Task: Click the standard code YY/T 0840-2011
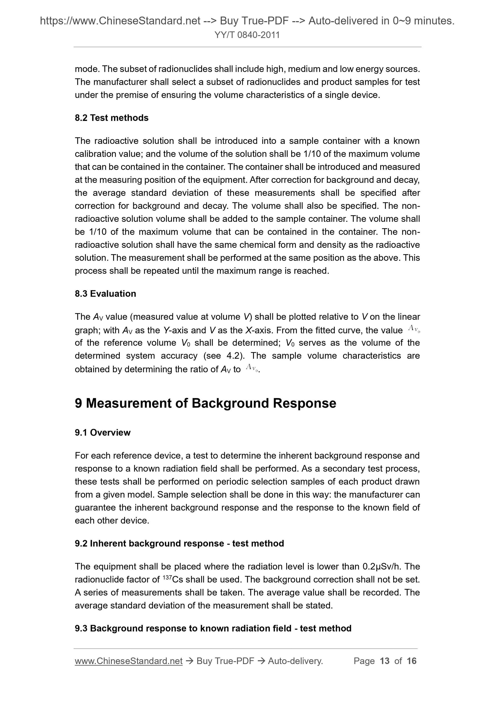247,35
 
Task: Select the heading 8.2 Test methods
112,118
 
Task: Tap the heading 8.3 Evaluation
106,294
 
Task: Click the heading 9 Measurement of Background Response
205,403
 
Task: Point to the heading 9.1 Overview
103,432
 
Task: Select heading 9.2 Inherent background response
179,543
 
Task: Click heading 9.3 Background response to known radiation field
213,628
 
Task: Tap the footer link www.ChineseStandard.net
128,661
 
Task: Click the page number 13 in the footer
385,661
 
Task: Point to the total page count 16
411,661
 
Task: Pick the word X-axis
257,330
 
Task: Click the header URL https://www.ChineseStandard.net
120,21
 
